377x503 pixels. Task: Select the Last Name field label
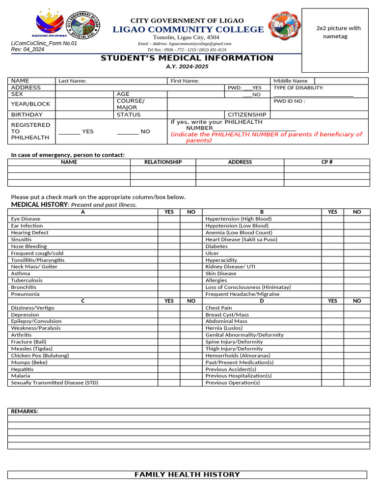click(72, 81)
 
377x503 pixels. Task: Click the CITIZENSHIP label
click(247, 114)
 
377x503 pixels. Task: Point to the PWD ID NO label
click(289, 101)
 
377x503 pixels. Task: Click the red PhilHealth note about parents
click(266, 137)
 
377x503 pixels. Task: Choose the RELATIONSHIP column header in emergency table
click(163, 162)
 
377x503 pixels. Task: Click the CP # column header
click(327, 162)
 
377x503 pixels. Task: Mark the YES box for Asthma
click(169, 274)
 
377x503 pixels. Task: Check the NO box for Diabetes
click(357, 247)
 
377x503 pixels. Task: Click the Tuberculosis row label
click(27, 280)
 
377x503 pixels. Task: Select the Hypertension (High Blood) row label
click(238, 219)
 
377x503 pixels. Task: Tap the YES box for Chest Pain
click(332, 308)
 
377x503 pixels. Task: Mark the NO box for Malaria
click(191, 376)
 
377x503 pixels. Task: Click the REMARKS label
click(25, 412)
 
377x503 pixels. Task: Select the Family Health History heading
click(187, 475)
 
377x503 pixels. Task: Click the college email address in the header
click(185, 44)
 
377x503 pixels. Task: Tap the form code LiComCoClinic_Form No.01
click(44, 43)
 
